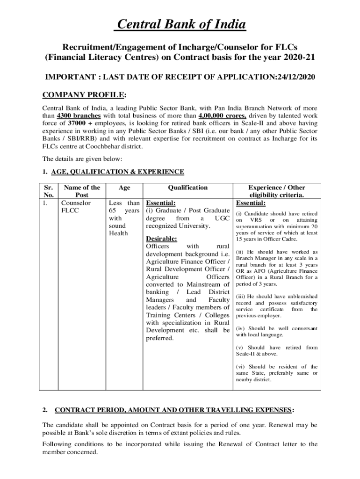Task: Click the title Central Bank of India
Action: (180, 25)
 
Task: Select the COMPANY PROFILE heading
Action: (84, 95)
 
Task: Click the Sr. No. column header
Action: (49, 191)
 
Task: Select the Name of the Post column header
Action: (82, 191)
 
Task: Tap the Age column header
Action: (124, 188)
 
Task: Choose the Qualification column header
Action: (188, 188)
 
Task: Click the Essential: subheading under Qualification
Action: (161, 203)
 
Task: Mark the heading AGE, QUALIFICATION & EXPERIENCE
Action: (117, 172)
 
